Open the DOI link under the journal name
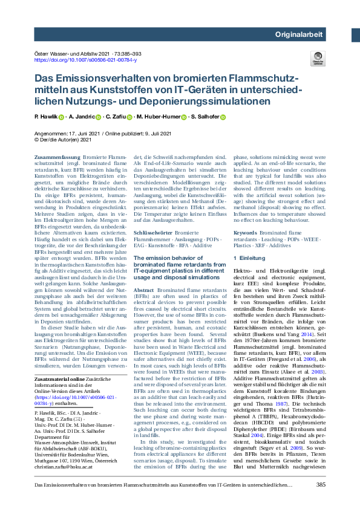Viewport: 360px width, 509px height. (x=85, y=60)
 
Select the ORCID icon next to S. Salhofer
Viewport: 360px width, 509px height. (x=222, y=117)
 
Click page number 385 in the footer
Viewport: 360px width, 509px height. (x=320, y=485)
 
